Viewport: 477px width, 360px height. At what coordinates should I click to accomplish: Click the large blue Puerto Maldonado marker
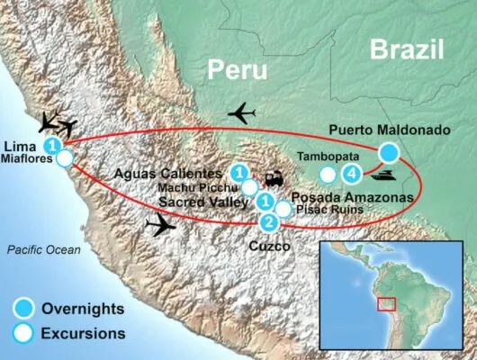point(389,152)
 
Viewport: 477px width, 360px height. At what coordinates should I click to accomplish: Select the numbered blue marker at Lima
point(54,145)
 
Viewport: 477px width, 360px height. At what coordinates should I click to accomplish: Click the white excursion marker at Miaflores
point(65,160)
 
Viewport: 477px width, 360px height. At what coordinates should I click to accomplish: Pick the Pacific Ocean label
point(41,249)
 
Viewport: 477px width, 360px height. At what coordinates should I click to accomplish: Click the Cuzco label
point(267,244)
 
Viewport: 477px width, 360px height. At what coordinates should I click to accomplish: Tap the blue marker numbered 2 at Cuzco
point(267,222)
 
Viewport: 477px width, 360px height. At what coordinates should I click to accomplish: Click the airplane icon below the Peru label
point(243,113)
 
